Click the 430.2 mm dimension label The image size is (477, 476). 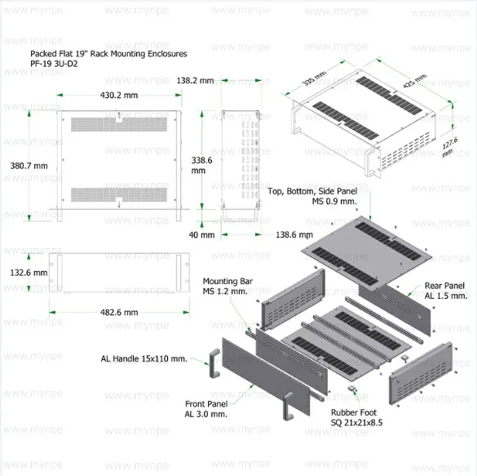(119, 96)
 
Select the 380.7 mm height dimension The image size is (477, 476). (29, 166)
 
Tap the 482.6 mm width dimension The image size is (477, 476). (119, 313)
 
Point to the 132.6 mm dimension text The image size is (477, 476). (29, 273)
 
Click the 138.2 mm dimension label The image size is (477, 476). (195, 81)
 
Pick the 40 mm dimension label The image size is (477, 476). (201, 235)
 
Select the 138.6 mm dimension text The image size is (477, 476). (294, 235)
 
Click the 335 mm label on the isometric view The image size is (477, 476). (314, 78)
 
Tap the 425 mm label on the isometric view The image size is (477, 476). (415, 81)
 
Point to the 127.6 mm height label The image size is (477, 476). (449, 147)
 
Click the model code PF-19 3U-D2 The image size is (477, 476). (54, 64)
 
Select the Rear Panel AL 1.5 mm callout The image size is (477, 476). (446, 291)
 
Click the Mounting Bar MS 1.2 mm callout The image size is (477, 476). (227, 287)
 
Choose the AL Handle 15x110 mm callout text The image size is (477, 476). (144, 358)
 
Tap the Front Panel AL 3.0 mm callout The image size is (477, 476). (206, 409)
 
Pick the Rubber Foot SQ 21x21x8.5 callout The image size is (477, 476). (356, 417)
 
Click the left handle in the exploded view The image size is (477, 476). (214, 363)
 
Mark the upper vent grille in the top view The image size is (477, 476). (119, 124)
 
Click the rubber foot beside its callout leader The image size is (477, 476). (351, 389)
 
